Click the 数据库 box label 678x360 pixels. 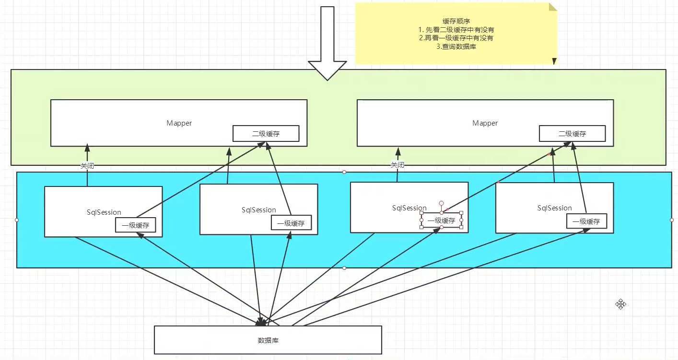pyautogui.click(x=268, y=340)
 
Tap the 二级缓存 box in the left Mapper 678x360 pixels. pyautogui.click(x=266, y=133)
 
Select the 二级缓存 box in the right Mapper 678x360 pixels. pyautogui.click(x=573, y=133)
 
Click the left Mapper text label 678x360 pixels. pyautogui.click(x=179, y=123)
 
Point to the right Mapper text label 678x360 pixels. pyautogui.click(x=485, y=123)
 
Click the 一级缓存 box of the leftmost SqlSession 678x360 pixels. pyautogui.click(x=136, y=225)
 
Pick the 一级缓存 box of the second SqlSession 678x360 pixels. pyautogui.click(x=291, y=223)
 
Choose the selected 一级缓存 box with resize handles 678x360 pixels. pyautogui.click(x=441, y=220)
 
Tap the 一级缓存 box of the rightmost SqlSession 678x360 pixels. pyautogui.click(x=586, y=221)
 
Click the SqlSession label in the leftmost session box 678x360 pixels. pyautogui.click(x=104, y=212)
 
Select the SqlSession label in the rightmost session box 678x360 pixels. pyautogui.click(x=554, y=208)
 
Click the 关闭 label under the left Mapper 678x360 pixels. pyautogui.click(x=87, y=166)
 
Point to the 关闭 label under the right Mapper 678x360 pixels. pyautogui.click(x=397, y=165)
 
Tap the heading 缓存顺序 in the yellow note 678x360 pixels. pyautogui.click(x=456, y=21)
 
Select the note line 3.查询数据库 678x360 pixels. pyautogui.click(x=456, y=46)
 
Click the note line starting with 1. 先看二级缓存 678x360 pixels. pyautogui.click(x=456, y=30)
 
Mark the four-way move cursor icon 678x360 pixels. pyautogui.click(x=620, y=304)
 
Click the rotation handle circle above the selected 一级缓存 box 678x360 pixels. pyautogui.click(x=441, y=203)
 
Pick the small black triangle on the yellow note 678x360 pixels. pyautogui.click(x=554, y=61)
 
